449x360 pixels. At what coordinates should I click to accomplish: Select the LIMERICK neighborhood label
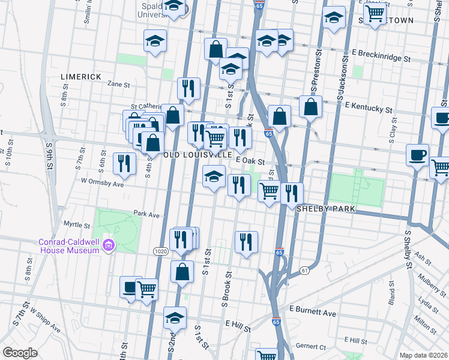coord(81,77)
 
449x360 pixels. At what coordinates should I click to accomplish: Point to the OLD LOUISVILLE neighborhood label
coord(198,155)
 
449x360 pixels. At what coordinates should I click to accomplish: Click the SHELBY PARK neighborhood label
coord(327,209)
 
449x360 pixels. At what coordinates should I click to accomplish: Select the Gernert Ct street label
coord(310,347)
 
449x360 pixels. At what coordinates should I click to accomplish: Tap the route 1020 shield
coord(160,250)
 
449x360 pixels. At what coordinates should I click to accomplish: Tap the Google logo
coord(20,353)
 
